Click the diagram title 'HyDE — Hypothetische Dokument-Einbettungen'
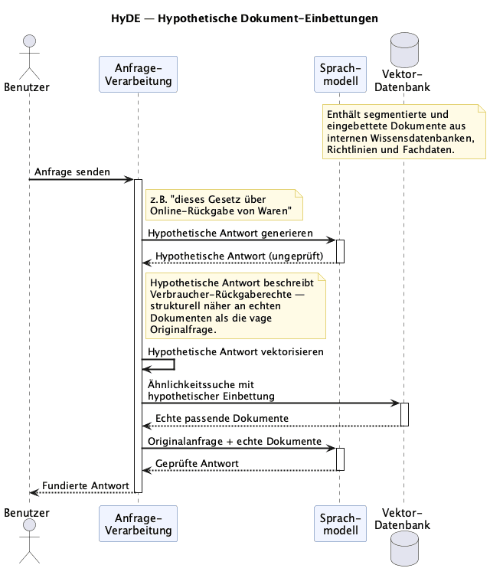(244, 18)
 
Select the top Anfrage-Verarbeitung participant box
(138, 74)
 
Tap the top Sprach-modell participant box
(340, 74)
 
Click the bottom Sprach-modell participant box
(340, 524)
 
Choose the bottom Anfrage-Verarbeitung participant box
(138, 524)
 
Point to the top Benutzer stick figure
(30, 57)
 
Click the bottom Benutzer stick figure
(30, 540)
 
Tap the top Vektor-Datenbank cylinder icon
(404, 50)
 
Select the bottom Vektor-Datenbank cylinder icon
(404, 548)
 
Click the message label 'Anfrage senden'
(72, 171)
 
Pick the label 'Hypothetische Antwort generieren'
(230, 233)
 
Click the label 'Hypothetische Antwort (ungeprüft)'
(239, 256)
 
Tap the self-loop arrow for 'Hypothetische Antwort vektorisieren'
(174, 364)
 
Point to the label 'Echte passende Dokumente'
(221, 419)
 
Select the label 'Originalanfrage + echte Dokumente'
(234, 441)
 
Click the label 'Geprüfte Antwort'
(197, 463)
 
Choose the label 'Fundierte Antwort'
(86, 486)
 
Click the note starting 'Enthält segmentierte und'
(404, 132)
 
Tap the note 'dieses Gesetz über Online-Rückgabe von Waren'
(224, 205)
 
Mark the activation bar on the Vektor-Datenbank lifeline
(404, 414)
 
